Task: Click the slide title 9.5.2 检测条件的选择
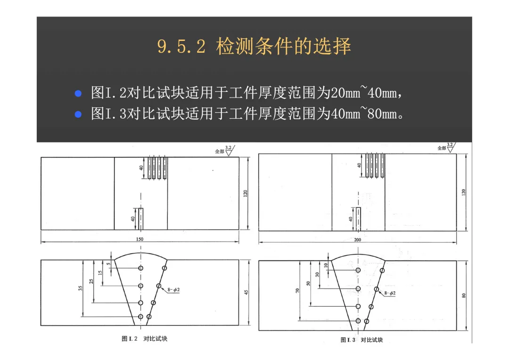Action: click(254, 47)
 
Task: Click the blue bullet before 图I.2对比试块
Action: click(79, 93)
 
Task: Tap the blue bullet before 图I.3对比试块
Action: click(79, 114)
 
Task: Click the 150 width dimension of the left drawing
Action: click(140, 239)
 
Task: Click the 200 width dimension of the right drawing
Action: click(358, 240)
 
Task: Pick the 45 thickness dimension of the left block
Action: click(246, 293)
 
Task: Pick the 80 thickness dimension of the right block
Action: click(464, 295)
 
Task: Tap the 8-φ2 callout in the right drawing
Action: click(390, 293)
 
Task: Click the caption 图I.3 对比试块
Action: click(361, 340)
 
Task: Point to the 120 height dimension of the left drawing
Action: click(245, 193)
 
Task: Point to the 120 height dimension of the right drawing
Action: click(463, 192)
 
